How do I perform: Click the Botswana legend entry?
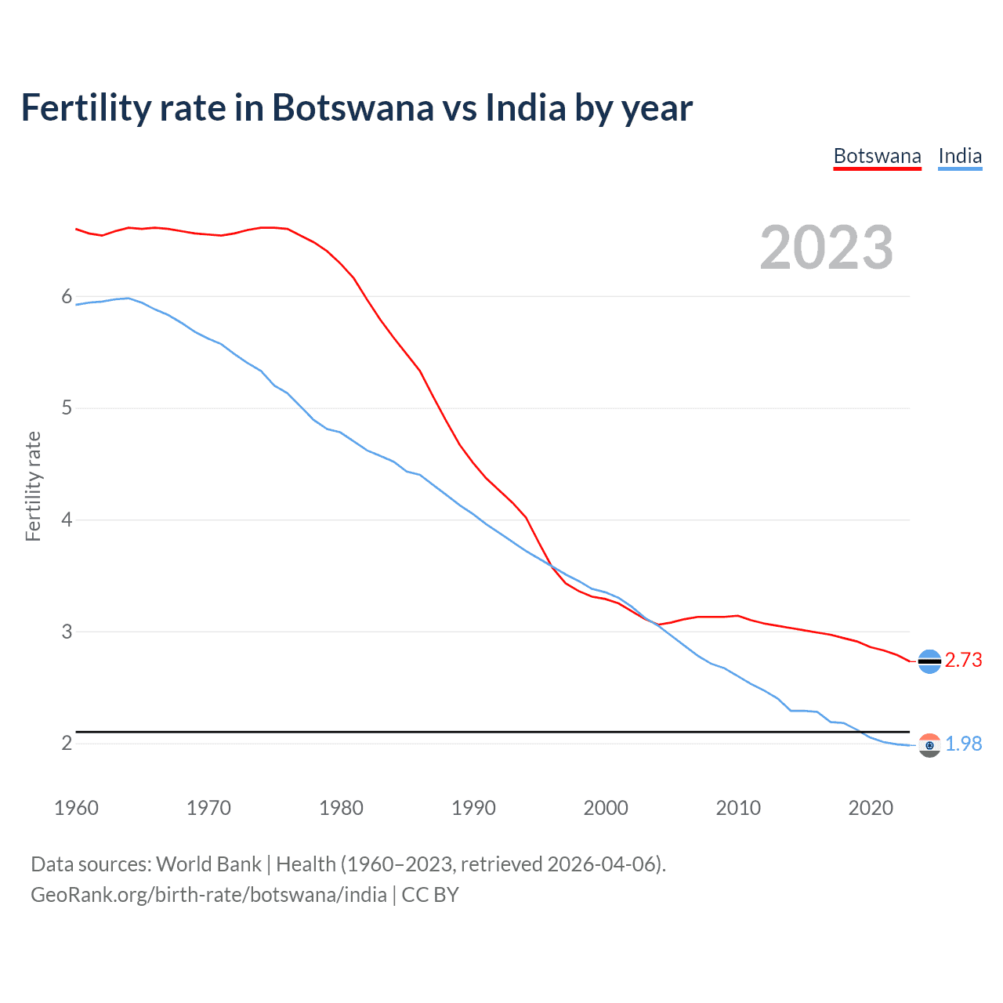pos(877,156)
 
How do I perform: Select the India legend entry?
pos(960,156)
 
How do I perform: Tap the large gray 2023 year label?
pos(827,248)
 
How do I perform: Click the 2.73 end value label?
pos(963,660)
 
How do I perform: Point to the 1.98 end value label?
pos(963,744)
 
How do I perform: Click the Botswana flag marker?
pos(929,661)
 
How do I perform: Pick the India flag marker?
pos(929,745)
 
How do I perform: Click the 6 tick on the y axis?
pos(67,296)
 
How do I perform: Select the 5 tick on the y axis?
pos(67,407)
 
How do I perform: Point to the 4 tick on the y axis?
pos(67,520)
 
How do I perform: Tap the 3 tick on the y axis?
pos(67,632)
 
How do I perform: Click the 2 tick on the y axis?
pos(67,743)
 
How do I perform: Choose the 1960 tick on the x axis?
pos(76,808)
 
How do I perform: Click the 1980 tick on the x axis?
pos(341,808)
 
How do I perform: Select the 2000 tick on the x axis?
pos(606,808)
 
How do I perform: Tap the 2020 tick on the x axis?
pos(871,808)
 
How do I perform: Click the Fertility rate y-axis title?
pos(33,486)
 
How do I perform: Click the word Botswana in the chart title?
pos(353,107)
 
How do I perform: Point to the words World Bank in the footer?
pos(208,864)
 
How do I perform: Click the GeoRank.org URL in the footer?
pos(208,895)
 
